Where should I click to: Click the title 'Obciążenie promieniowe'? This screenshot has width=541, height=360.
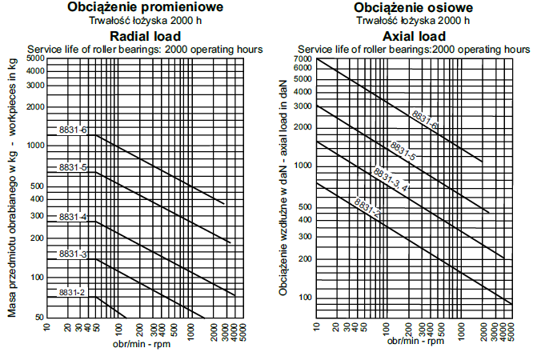coord(146,9)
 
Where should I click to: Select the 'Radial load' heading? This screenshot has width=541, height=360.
coord(146,36)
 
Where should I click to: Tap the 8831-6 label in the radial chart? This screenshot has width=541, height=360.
coord(73,130)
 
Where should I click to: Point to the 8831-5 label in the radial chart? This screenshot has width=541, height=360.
coord(73,167)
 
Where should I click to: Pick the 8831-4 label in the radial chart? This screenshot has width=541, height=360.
coord(73,217)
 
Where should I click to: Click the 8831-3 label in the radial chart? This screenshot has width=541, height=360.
coord(73,254)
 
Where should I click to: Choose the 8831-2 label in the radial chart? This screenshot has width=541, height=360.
coord(71,293)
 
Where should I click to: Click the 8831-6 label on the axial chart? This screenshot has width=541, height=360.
coord(425,118)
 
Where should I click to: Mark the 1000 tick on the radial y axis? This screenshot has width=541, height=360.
coord(35,146)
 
